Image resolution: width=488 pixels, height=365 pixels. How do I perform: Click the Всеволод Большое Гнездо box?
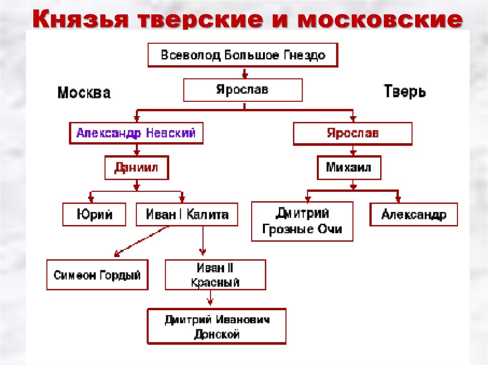point(243,55)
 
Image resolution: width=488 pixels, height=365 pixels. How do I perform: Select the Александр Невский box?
point(136,133)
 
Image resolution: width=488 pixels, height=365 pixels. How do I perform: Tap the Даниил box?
point(136,168)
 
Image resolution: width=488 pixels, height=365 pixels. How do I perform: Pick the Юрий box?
point(94,214)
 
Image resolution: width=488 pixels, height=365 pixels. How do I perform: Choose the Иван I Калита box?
point(187,214)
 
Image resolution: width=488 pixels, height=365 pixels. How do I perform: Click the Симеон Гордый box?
point(97,275)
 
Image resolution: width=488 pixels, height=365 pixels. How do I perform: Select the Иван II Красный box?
point(215,275)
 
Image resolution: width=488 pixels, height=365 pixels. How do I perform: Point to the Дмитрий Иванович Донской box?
point(217,327)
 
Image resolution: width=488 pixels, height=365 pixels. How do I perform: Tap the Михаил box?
point(349,168)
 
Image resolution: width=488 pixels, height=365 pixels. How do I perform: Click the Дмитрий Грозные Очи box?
point(302,221)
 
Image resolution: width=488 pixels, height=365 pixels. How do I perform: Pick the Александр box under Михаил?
point(414,214)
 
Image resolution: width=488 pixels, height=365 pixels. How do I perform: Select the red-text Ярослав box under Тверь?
point(353,133)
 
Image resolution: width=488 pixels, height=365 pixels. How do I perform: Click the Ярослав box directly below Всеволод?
point(243,90)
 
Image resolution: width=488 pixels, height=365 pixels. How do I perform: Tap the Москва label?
point(84,92)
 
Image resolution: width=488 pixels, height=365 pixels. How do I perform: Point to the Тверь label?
point(405,91)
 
